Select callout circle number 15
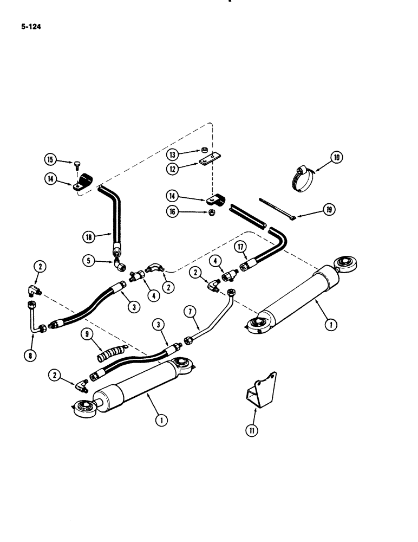50,159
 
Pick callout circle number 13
172,152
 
